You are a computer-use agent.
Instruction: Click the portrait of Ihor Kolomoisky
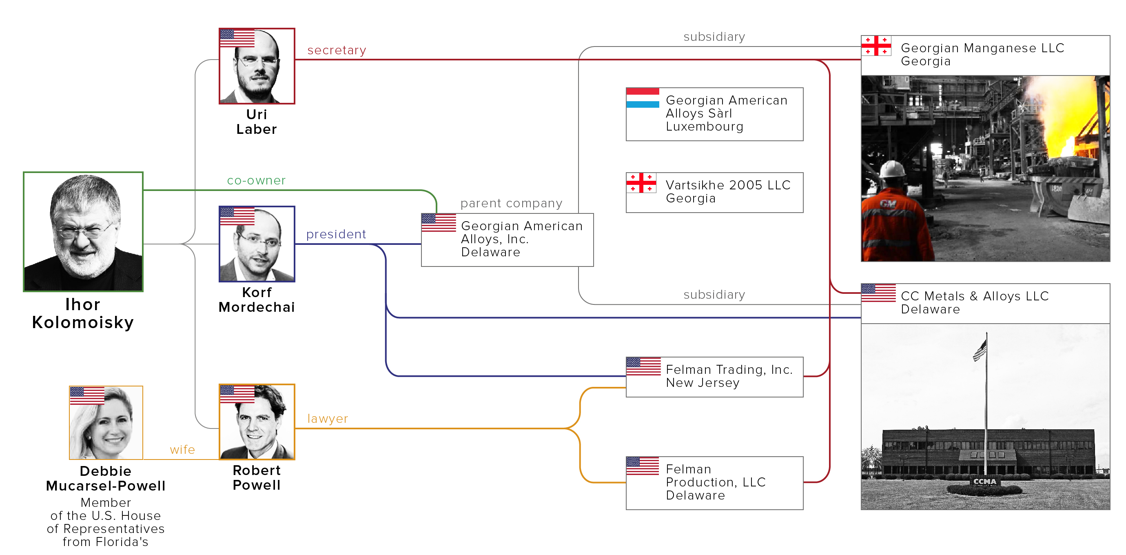pos(83,231)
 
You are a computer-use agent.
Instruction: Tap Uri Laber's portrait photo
pos(257,66)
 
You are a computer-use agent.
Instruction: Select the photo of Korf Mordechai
pos(257,244)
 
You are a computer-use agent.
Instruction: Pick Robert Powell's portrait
pos(257,422)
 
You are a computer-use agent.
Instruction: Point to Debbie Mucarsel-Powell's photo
pos(106,422)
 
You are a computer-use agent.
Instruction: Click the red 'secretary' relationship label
pos(337,50)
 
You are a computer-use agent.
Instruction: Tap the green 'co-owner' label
pos(256,180)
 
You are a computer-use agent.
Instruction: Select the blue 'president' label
pos(336,234)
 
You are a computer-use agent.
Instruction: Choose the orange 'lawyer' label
pos(327,419)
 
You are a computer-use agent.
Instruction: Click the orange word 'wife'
pos(182,450)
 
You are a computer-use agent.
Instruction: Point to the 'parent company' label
pos(511,203)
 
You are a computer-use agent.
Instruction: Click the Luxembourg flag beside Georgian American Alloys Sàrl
pos(642,98)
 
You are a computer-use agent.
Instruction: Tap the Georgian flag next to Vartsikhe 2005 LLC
pos(641,183)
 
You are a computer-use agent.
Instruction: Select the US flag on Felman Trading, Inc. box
pos(643,366)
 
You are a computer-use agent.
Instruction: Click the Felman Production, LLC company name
pos(715,475)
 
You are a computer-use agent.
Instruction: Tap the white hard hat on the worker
pos(892,169)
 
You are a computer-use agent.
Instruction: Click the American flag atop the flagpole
pos(980,350)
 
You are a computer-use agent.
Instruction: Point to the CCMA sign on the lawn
pos(984,482)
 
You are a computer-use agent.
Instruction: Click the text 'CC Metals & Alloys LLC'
pos(974,296)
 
